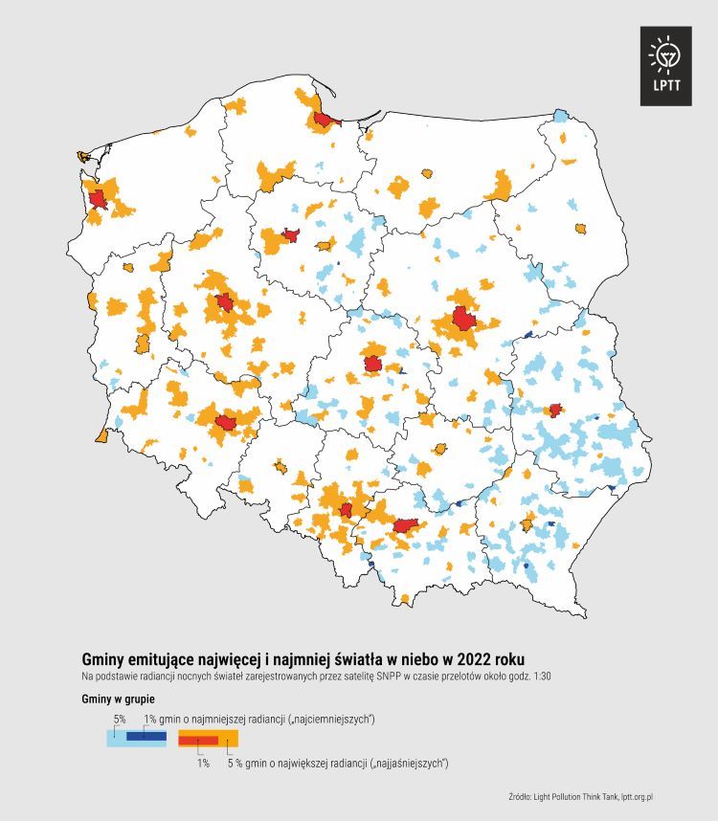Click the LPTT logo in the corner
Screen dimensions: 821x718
tap(665, 65)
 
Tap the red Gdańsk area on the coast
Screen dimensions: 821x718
tap(325, 120)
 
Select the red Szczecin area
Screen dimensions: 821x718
tap(97, 199)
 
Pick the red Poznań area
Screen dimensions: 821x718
tap(224, 302)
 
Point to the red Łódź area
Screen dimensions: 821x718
tap(373, 364)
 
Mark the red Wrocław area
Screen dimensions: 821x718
tap(228, 422)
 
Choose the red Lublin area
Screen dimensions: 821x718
tap(553, 410)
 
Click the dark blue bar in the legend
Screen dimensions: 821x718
tap(146, 736)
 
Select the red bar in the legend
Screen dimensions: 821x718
tap(199, 740)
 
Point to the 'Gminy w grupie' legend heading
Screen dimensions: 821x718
tap(118, 699)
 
